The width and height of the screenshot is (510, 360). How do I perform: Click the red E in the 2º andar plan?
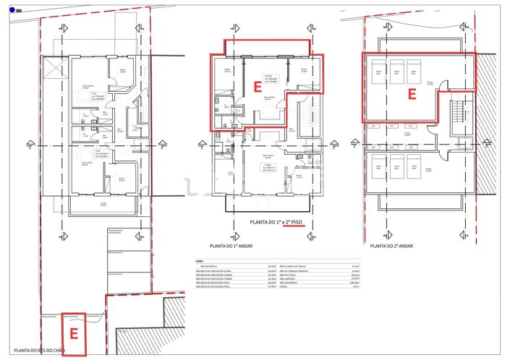point(412,94)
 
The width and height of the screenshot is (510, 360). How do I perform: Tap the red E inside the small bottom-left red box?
point(73,333)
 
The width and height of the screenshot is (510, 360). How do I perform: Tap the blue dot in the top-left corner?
point(12,9)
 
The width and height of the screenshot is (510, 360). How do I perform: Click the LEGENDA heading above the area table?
point(199,261)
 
